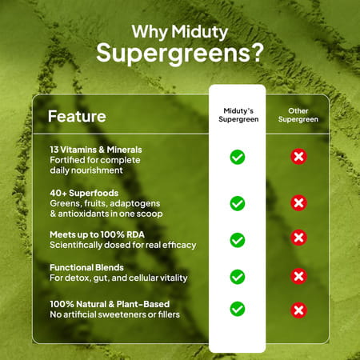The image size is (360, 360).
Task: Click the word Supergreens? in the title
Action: point(179,53)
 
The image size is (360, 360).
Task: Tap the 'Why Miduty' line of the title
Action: point(179,32)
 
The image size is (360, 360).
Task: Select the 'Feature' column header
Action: point(77,116)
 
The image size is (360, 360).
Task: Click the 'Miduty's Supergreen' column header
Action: point(238,114)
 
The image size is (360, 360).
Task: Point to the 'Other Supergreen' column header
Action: point(298,114)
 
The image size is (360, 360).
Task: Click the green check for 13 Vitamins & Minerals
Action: point(238,157)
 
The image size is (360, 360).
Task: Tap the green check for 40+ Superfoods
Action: point(238,203)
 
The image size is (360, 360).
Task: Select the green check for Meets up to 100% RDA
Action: point(238,239)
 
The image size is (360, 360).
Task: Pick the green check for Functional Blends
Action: point(238,277)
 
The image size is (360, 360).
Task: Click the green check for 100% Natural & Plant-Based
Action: point(238,308)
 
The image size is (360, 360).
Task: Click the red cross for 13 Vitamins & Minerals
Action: point(298,157)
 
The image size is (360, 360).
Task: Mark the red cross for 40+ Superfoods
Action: point(298,203)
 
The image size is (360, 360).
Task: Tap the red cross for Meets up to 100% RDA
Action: point(298,238)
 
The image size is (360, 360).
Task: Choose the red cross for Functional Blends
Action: point(298,277)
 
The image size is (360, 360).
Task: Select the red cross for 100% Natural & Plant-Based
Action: point(298,310)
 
